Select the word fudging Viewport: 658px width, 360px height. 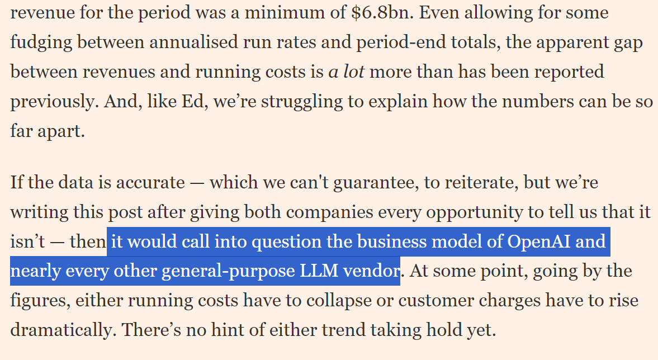pos(40,42)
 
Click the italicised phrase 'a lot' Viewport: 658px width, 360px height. pos(346,72)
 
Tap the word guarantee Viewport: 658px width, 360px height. pos(374,183)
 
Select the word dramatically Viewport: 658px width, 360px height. pos(60,330)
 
